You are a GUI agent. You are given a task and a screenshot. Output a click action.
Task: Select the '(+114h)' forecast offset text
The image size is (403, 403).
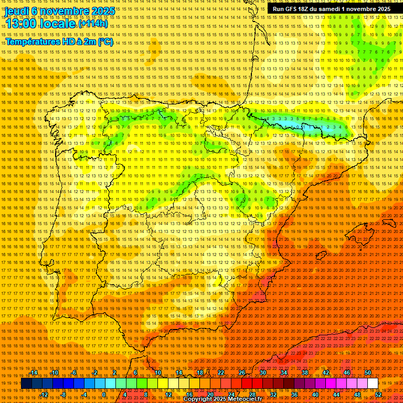tap(93, 24)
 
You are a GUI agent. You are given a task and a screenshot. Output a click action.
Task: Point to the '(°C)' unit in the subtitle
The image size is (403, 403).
tap(105, 41)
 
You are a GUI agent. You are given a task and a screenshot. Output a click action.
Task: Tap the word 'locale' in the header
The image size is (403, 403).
tap(58, 23)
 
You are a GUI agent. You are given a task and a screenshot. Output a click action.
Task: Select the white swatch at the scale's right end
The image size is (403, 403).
tap(373, 384)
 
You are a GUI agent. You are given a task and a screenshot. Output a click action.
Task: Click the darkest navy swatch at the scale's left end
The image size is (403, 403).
tap(26, 384)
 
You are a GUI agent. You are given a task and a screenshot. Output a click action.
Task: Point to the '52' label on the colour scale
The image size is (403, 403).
tap(378, 394)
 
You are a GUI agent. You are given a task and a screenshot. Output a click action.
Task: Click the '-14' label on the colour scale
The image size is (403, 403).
tap(34, 373)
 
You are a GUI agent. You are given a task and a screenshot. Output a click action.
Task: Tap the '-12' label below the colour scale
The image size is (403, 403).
tap(44, 394)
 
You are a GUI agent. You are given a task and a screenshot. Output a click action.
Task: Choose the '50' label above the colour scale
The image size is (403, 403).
tap(368, 373)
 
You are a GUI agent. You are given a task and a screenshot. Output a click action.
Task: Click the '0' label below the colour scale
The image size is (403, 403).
tap(104, 394)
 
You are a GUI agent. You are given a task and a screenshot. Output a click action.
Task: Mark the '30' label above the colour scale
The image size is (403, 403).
tap(262, 373)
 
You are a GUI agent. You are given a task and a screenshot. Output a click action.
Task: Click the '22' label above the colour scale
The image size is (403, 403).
tap(220, 373)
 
